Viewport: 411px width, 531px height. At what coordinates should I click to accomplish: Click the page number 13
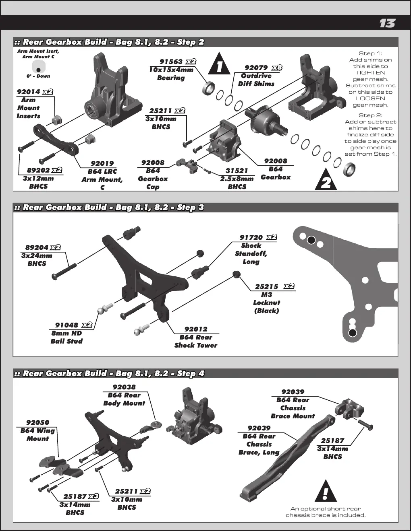pos(387,23)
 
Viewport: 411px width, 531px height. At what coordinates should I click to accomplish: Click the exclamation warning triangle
pos(326,491)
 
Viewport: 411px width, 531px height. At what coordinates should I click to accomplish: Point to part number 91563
pos(171,62)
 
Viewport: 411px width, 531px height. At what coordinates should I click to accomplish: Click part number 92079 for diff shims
pos(256,68)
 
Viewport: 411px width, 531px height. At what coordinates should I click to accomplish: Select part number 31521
pos(237,171)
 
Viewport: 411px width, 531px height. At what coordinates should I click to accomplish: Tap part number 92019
pos(102,163)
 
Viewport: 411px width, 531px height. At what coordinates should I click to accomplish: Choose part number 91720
pos(251,237)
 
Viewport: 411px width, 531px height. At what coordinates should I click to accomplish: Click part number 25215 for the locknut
pos(267,286)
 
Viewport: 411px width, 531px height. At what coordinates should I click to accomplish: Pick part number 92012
pos(196,329)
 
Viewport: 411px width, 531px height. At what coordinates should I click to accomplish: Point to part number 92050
pos(38,422)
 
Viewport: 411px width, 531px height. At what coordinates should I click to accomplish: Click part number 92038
pos(124,387)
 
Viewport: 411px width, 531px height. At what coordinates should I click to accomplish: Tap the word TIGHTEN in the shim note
pos(371,72)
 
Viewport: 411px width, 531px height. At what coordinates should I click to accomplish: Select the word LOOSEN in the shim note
pos(371,99)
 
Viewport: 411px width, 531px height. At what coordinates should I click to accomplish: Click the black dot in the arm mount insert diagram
pos(38,70)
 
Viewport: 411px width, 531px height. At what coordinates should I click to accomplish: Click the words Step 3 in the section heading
pos(191,207)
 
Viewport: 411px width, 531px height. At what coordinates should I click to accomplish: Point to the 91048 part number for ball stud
pos(66,325)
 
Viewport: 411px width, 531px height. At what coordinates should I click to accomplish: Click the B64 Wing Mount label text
pos(38,434)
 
